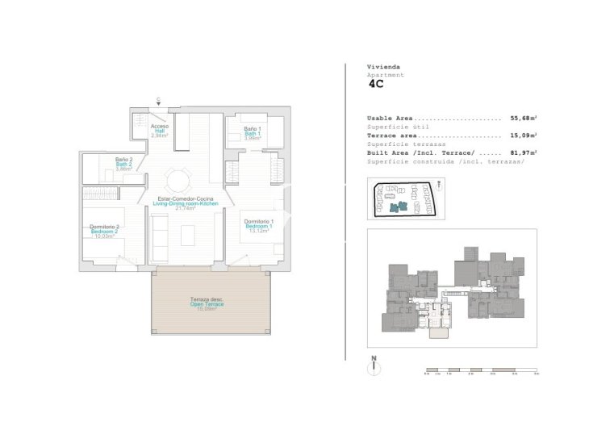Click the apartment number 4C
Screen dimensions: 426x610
point(375,82)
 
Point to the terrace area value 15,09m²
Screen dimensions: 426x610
point(524,136)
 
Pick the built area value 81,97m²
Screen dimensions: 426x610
point(524,152)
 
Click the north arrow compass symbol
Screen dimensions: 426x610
point(374,368)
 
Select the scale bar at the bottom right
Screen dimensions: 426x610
point(482,372)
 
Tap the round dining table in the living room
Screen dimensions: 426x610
point(178,177)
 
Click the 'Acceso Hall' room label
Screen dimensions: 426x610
point(160,131)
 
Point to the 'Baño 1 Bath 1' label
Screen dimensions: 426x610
point(253,133)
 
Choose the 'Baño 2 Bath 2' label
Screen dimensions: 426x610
point(123,165)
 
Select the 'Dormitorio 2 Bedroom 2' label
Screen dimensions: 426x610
point(105,232)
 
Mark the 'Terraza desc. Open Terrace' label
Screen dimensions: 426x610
point(207,303)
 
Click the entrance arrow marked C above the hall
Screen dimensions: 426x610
point(158,102)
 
